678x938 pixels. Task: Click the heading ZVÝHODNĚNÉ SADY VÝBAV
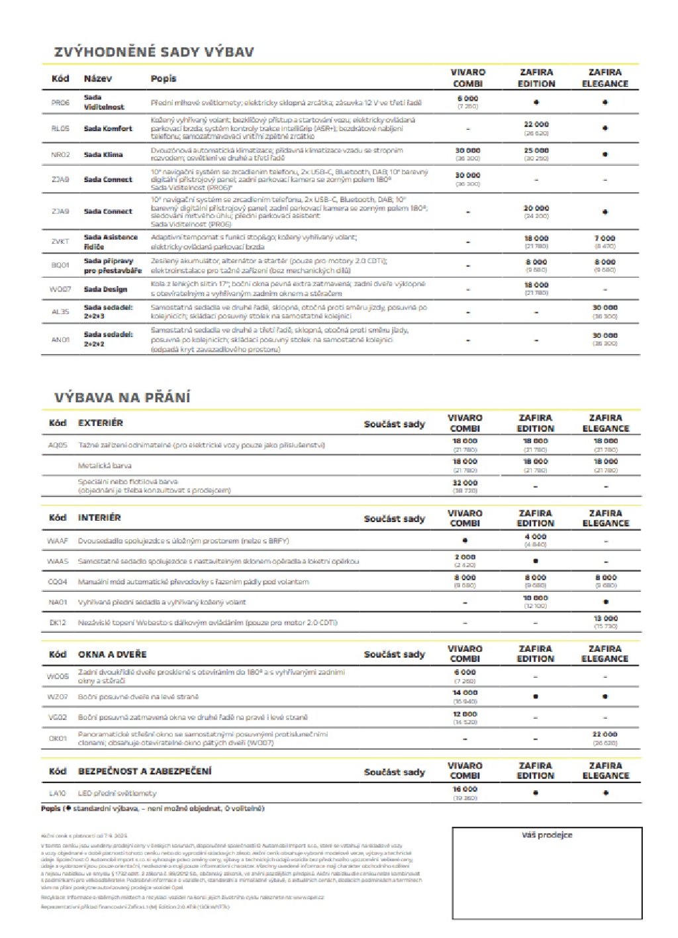(x=154, y=52)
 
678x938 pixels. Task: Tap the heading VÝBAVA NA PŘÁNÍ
(x=122, y=397)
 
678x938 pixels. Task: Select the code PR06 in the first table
(x=60, y=103)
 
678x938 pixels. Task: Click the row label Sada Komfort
(x=108, y=129)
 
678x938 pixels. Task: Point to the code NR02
(x=60, y=154)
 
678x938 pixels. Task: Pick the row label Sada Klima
(x=103, y=154)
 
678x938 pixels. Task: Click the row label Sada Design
(x=105, y=289)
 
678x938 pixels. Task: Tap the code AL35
(x=60, y=311)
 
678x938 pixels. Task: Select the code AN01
(x=60, y=339)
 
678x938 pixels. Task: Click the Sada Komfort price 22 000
(x=536, y=125)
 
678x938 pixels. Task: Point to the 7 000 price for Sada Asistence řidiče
(x=605, y=238)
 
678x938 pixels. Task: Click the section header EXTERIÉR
(x=101, y=423)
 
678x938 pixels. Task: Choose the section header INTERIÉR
(x=99, y=517)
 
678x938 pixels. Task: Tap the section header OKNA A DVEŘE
(x=112, y=654)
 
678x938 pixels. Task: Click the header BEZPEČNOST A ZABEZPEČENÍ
(x=145, y=771)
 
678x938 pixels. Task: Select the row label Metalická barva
(x=105, y=466)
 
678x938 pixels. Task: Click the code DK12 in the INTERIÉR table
(x=58, y=623)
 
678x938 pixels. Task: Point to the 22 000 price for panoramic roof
(x=605, y=734)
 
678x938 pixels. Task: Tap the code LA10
(x=58, y=793)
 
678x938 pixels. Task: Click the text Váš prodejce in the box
(x=547, y=835)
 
